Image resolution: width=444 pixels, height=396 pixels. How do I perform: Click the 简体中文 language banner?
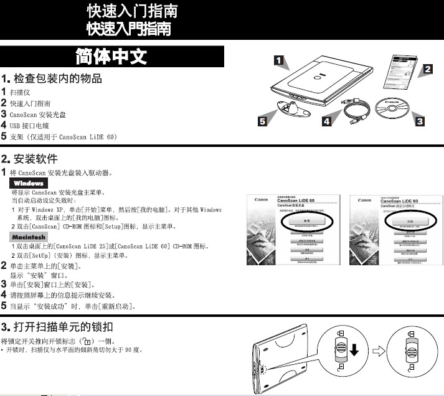[x=111, y=57]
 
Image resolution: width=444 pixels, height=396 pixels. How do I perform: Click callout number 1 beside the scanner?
[x=281, y=60]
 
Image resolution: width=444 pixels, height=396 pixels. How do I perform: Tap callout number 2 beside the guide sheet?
[x=428, y=70]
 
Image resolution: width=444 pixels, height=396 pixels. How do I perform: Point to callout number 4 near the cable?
[x=326, y=121]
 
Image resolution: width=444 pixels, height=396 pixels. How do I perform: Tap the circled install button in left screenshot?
[x=306, y=221]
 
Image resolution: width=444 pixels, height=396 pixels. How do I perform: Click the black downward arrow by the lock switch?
[x=354, y=351]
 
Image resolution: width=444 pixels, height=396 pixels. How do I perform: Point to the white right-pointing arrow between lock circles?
[x=378, y=351]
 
